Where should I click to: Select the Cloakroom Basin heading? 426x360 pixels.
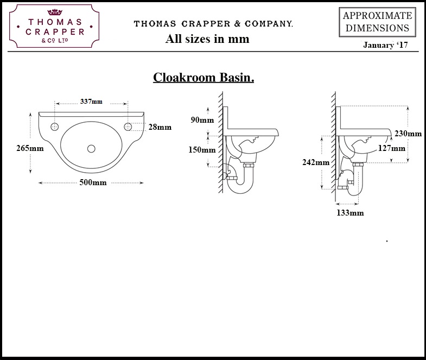pos(204,77)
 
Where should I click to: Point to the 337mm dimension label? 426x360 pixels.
pos(91,102)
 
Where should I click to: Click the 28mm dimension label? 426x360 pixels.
pos(160,127)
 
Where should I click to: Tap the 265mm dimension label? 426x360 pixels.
pos(15,148)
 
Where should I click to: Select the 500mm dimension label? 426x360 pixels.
pos(92,182)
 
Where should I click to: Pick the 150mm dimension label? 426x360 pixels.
pos(201,150)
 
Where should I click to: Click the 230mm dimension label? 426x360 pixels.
pos(408,134)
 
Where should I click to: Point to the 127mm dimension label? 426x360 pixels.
pos(391,148)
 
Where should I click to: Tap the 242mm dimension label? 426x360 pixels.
pos(315,162)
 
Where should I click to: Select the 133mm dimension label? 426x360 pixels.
pos(349,213)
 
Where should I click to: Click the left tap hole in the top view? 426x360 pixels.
pos(54,127)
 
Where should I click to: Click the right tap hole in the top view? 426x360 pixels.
pos(128,127)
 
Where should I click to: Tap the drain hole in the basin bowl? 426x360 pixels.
pos(91,148)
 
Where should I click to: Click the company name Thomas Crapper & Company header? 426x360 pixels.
pos(213,24)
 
